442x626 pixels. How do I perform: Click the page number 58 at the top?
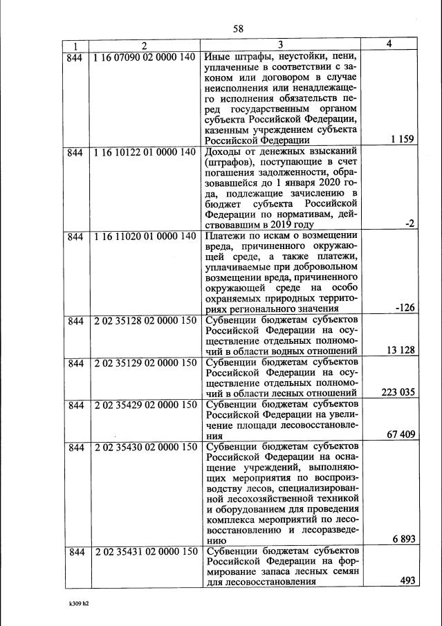pos(239,28)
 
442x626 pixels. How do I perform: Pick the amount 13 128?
pos(400,350)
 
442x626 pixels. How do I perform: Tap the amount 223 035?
pos(398,392)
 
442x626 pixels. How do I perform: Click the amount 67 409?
pos(400,435)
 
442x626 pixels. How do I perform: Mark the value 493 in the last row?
pos(407,580)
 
